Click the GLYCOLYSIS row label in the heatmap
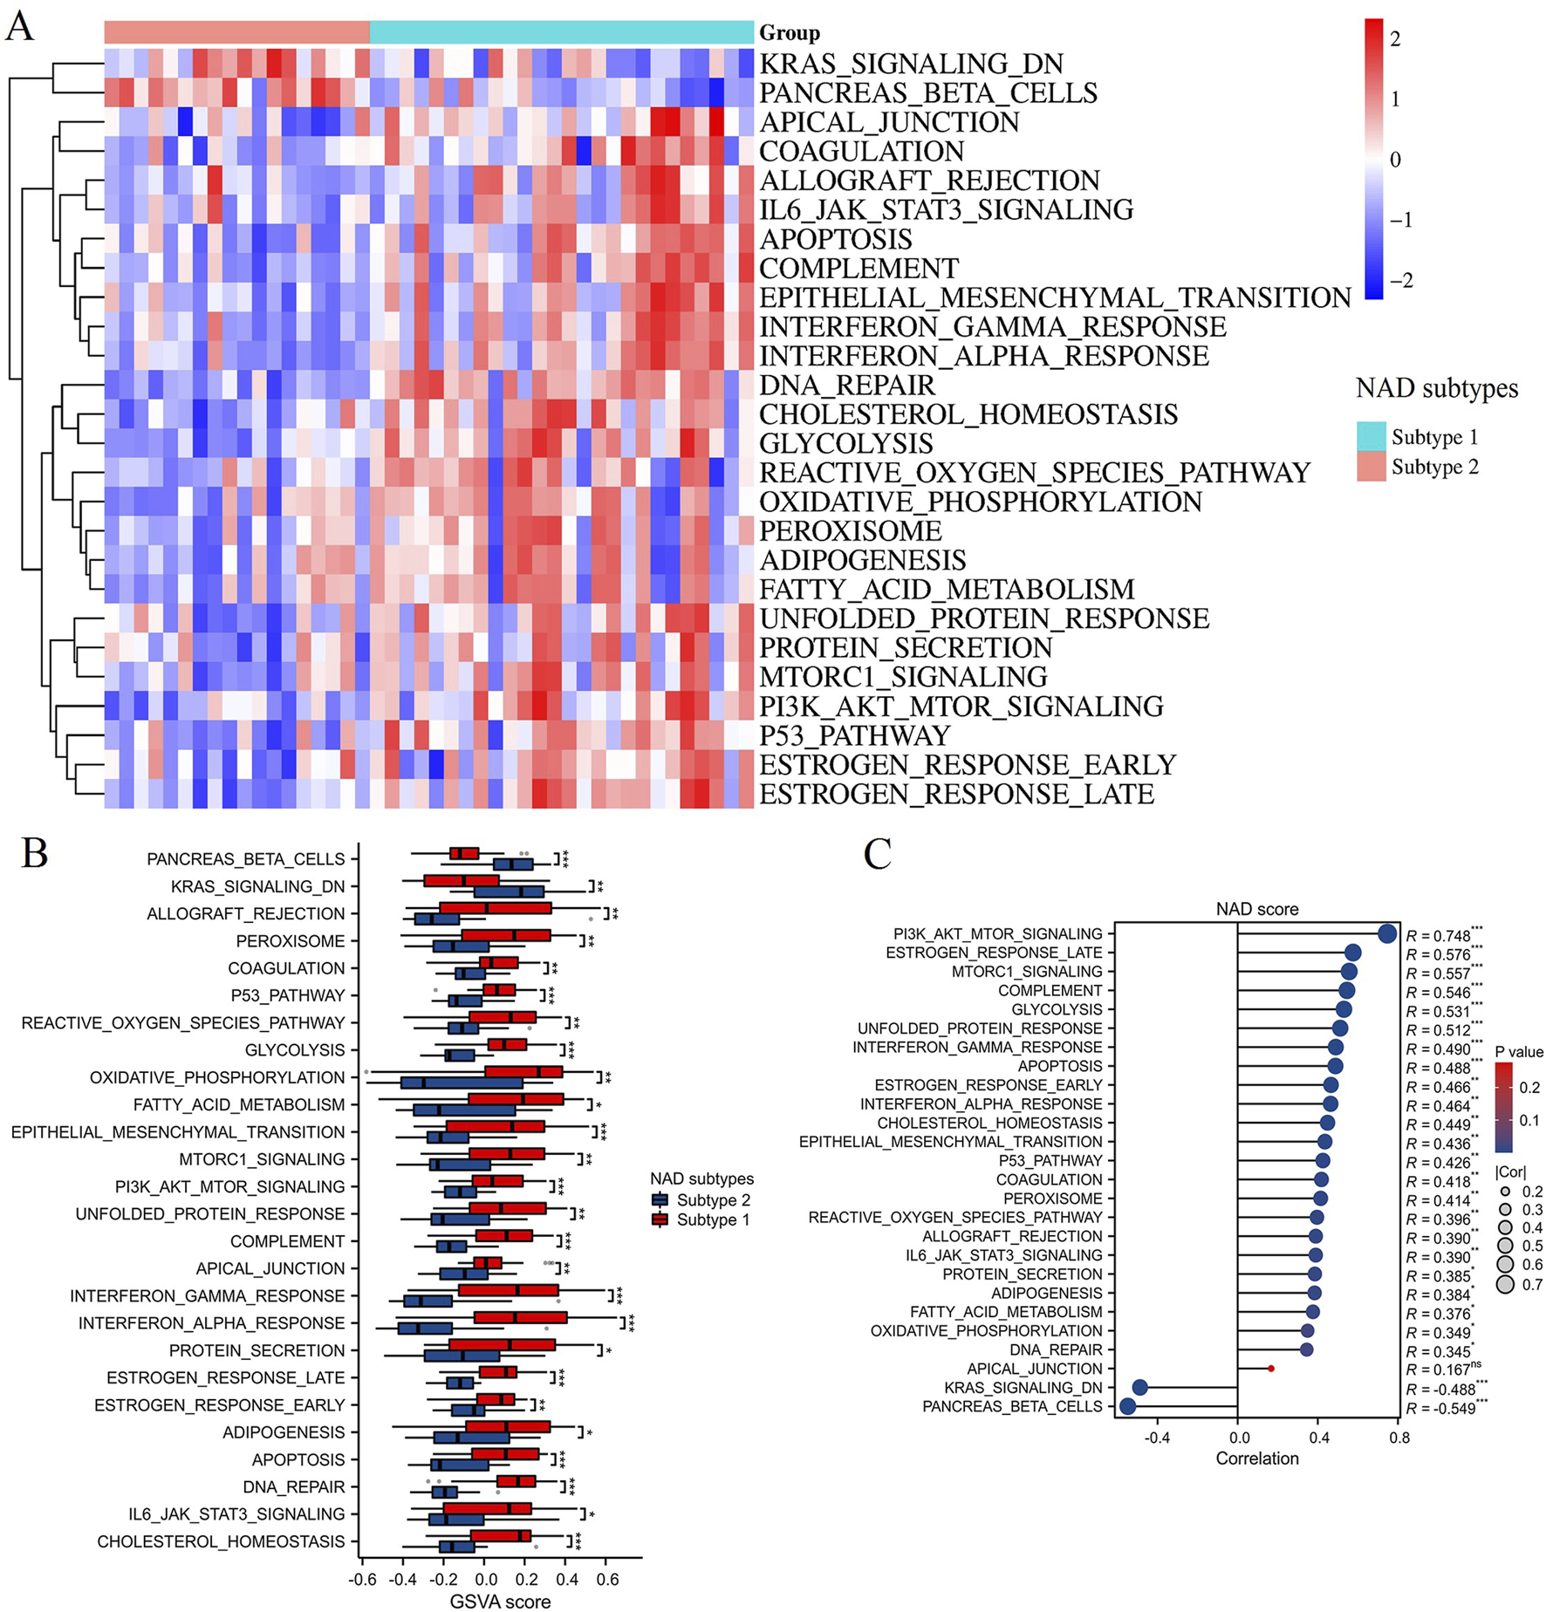(x=845, y=443)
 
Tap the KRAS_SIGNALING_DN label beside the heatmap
(x=911, y=64)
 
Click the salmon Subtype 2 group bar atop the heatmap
(x=236, y=32)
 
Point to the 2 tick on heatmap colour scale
(x=1395, y=38)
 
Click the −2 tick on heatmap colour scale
(x=1399, y=281)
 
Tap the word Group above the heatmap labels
(x=789, y=33)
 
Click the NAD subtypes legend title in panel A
(x=1436, y=388)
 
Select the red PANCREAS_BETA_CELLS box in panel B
(x=464, y=853)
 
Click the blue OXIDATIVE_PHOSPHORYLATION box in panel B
(x=462, y=1083)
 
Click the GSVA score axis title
(x=500, y=1602)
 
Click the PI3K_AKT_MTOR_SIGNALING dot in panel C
(x=1387, y=933)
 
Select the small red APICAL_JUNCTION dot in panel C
(x=1270, y=1369)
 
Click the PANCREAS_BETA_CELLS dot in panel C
(x=1127, y=1406)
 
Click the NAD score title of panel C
(x=1256, y=909)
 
